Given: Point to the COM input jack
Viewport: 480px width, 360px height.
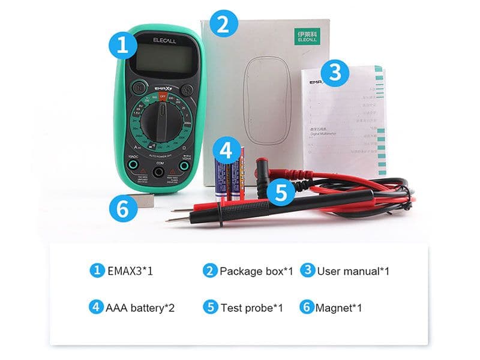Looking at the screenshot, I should point(160,172).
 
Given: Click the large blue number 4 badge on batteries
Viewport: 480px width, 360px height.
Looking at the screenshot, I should point(226,150).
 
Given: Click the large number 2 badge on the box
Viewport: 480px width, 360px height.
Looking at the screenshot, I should point(223,25).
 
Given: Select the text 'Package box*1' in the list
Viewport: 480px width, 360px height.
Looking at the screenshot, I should point(256,271).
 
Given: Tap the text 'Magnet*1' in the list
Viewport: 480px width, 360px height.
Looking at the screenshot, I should point(340,308).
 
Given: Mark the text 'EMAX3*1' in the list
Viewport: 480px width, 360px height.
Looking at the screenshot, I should point(130,271).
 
